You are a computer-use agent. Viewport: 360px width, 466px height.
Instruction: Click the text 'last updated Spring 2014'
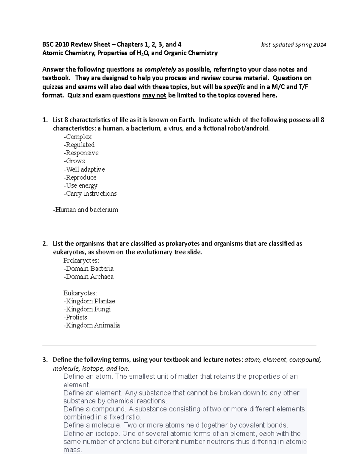pos(294,45)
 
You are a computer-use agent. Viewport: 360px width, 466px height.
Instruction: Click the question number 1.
pos(45,120)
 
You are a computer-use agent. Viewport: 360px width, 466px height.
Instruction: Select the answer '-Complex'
pos(77,137)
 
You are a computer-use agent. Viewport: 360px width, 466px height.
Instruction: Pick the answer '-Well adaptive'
pos(84,170)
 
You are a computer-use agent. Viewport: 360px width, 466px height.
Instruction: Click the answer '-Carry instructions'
pos(90,194)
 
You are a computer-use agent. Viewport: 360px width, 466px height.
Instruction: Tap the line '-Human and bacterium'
pos(85,210)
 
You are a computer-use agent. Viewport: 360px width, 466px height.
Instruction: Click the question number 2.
pos(45,244)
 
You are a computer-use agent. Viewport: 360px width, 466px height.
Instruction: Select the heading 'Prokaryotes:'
pos(81,260)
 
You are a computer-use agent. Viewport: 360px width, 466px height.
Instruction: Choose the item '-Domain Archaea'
pos(88,277)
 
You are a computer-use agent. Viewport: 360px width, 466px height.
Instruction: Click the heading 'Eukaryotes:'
pos(80,293)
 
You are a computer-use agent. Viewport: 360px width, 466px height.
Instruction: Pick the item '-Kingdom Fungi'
pos(87,309)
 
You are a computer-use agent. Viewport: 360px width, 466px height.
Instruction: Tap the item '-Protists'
pos(75,317)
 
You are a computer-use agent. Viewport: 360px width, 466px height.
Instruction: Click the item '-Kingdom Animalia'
pos(91,326)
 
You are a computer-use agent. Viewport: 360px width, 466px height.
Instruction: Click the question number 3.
pos(45,360)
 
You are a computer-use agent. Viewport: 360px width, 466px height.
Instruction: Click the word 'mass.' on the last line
pos(73,450)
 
